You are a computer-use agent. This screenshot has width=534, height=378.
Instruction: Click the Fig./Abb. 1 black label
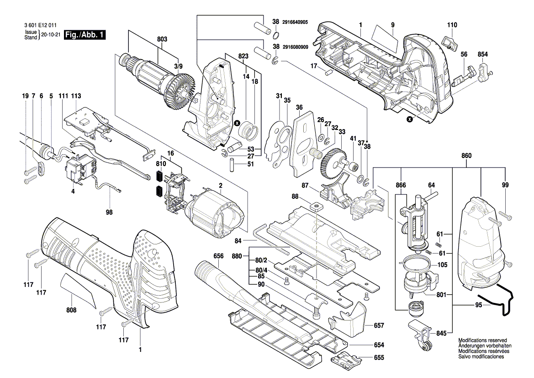point(85,35)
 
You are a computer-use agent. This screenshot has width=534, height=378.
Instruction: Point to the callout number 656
point(218,256)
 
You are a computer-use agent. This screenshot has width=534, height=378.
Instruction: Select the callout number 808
point(71,310)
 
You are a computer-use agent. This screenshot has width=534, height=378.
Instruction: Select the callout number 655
point(379,358)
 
